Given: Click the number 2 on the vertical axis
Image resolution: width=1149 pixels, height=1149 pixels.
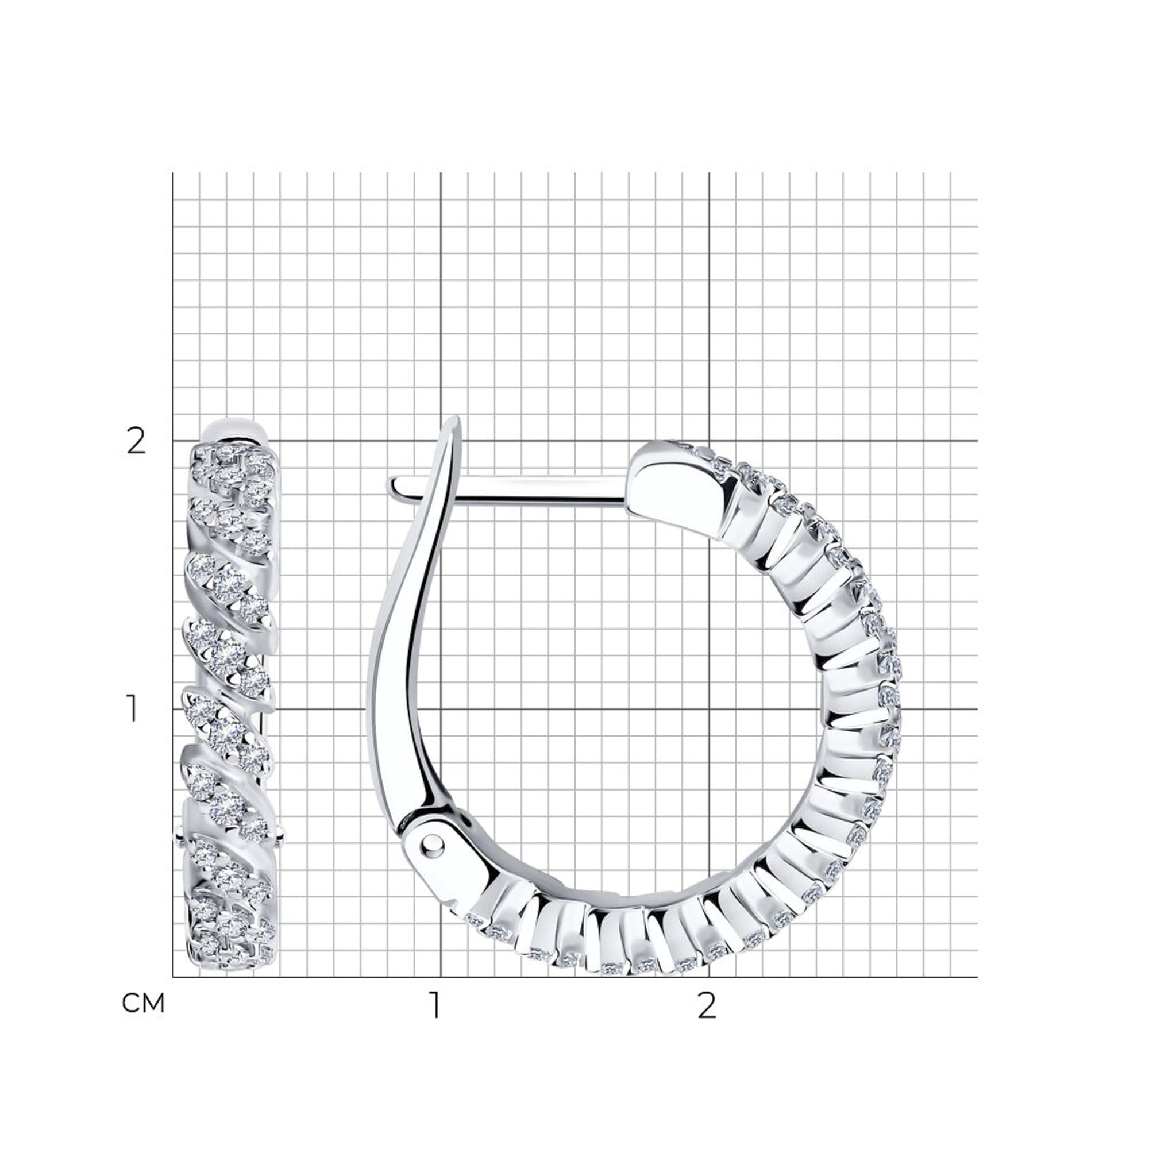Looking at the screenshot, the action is pyautogui.click(x=136, y=442).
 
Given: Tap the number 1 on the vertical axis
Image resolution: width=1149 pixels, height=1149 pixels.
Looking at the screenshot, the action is pyautogui.click(x=133, y=709).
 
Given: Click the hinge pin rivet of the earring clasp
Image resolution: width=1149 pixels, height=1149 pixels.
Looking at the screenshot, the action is pyautogui.click(x=433, y=844).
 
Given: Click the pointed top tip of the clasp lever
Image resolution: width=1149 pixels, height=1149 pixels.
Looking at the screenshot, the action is pyautogui.click(x=456, y=417).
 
